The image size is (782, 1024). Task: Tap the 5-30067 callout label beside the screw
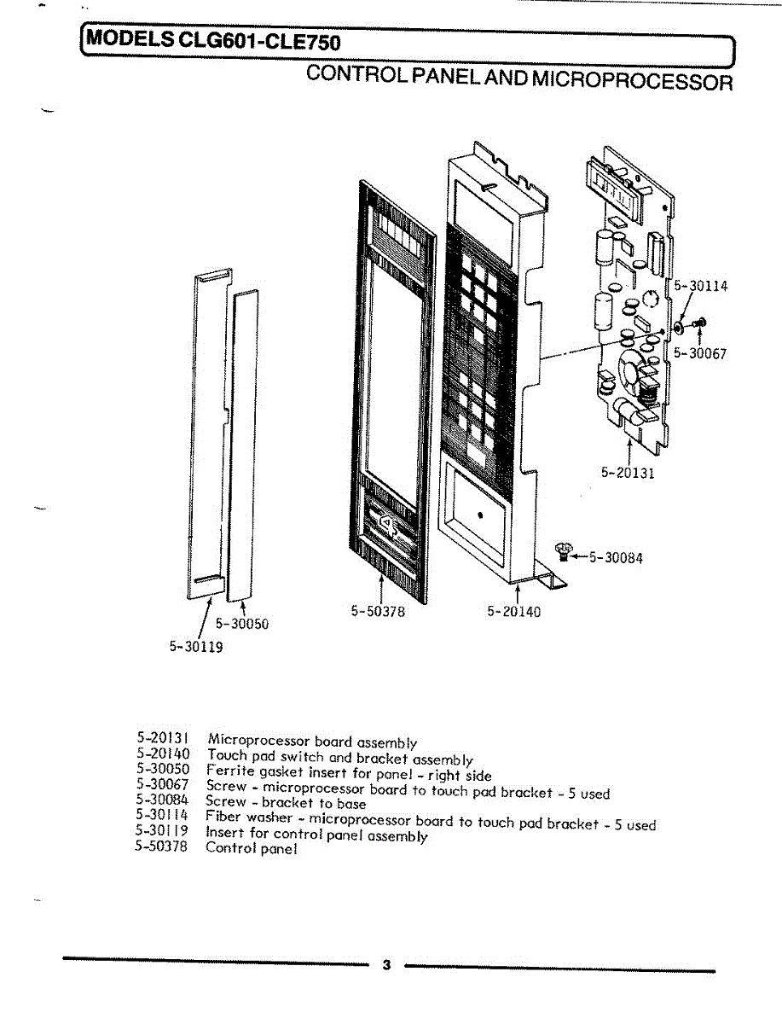pyautogui.click(x=699, y=353)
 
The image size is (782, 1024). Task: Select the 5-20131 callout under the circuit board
pyautogui.click(x=628, y=473)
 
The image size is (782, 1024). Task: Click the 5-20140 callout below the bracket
pyautogui.click(x=513, y=611)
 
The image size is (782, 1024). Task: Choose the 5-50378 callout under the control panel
pyautogui.click(x=377, y=611)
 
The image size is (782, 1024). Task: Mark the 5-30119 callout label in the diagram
pyautogui.click(x=196, y=648)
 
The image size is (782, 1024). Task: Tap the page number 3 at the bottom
pyautogui.click(x=386, y=965)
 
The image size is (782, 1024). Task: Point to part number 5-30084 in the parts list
pyautogui.click(x=161, y=800)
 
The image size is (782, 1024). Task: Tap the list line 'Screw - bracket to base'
pyautogui.click(x=286, y=802)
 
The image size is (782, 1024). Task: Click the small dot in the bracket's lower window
pyautogui.click(x=481, y=515)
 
